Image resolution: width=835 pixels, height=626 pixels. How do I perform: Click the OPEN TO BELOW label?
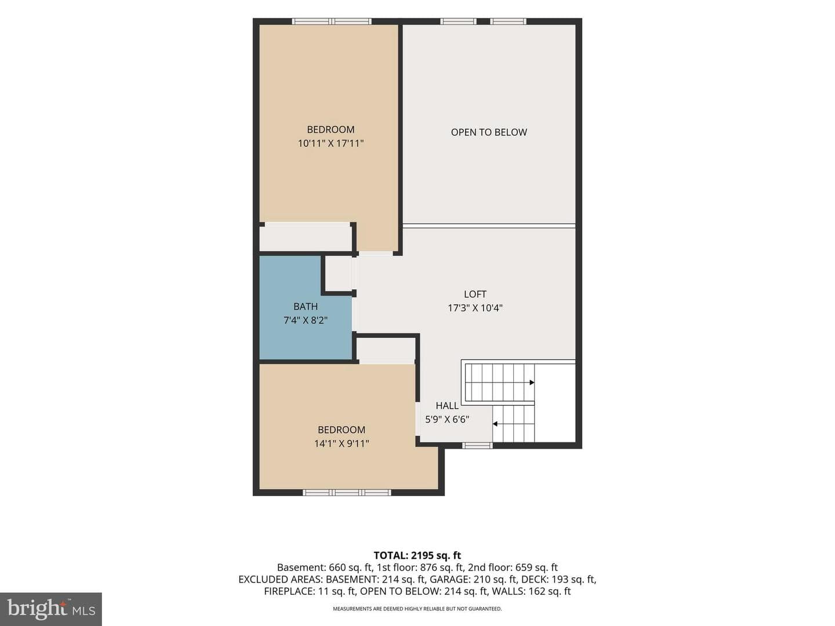click(489, 132)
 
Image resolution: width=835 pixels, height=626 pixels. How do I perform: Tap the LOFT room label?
click(475, 294)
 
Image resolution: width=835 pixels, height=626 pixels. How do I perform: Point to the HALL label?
click(447, 406)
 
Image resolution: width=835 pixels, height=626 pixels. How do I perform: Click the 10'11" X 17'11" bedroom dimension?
click(331, 143)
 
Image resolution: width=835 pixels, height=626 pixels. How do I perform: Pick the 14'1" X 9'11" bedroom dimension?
click(341, 443)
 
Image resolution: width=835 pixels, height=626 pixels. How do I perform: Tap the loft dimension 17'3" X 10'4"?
click(475, 308)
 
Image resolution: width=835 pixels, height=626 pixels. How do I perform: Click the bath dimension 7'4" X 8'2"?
click(306, 321)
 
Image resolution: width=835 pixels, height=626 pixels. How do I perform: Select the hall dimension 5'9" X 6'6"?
click(447, 419)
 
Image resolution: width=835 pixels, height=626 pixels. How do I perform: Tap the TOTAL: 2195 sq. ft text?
click(418, 556)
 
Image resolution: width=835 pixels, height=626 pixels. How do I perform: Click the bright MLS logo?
click(51, 609)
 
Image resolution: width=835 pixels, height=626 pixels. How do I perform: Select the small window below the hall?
click(477, 446)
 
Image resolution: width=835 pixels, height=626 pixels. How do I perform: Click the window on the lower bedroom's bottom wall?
click(347, 493)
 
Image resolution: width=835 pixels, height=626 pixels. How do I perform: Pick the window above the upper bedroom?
click(332, 21)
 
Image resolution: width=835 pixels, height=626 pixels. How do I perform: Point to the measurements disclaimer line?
click(418, 609)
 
